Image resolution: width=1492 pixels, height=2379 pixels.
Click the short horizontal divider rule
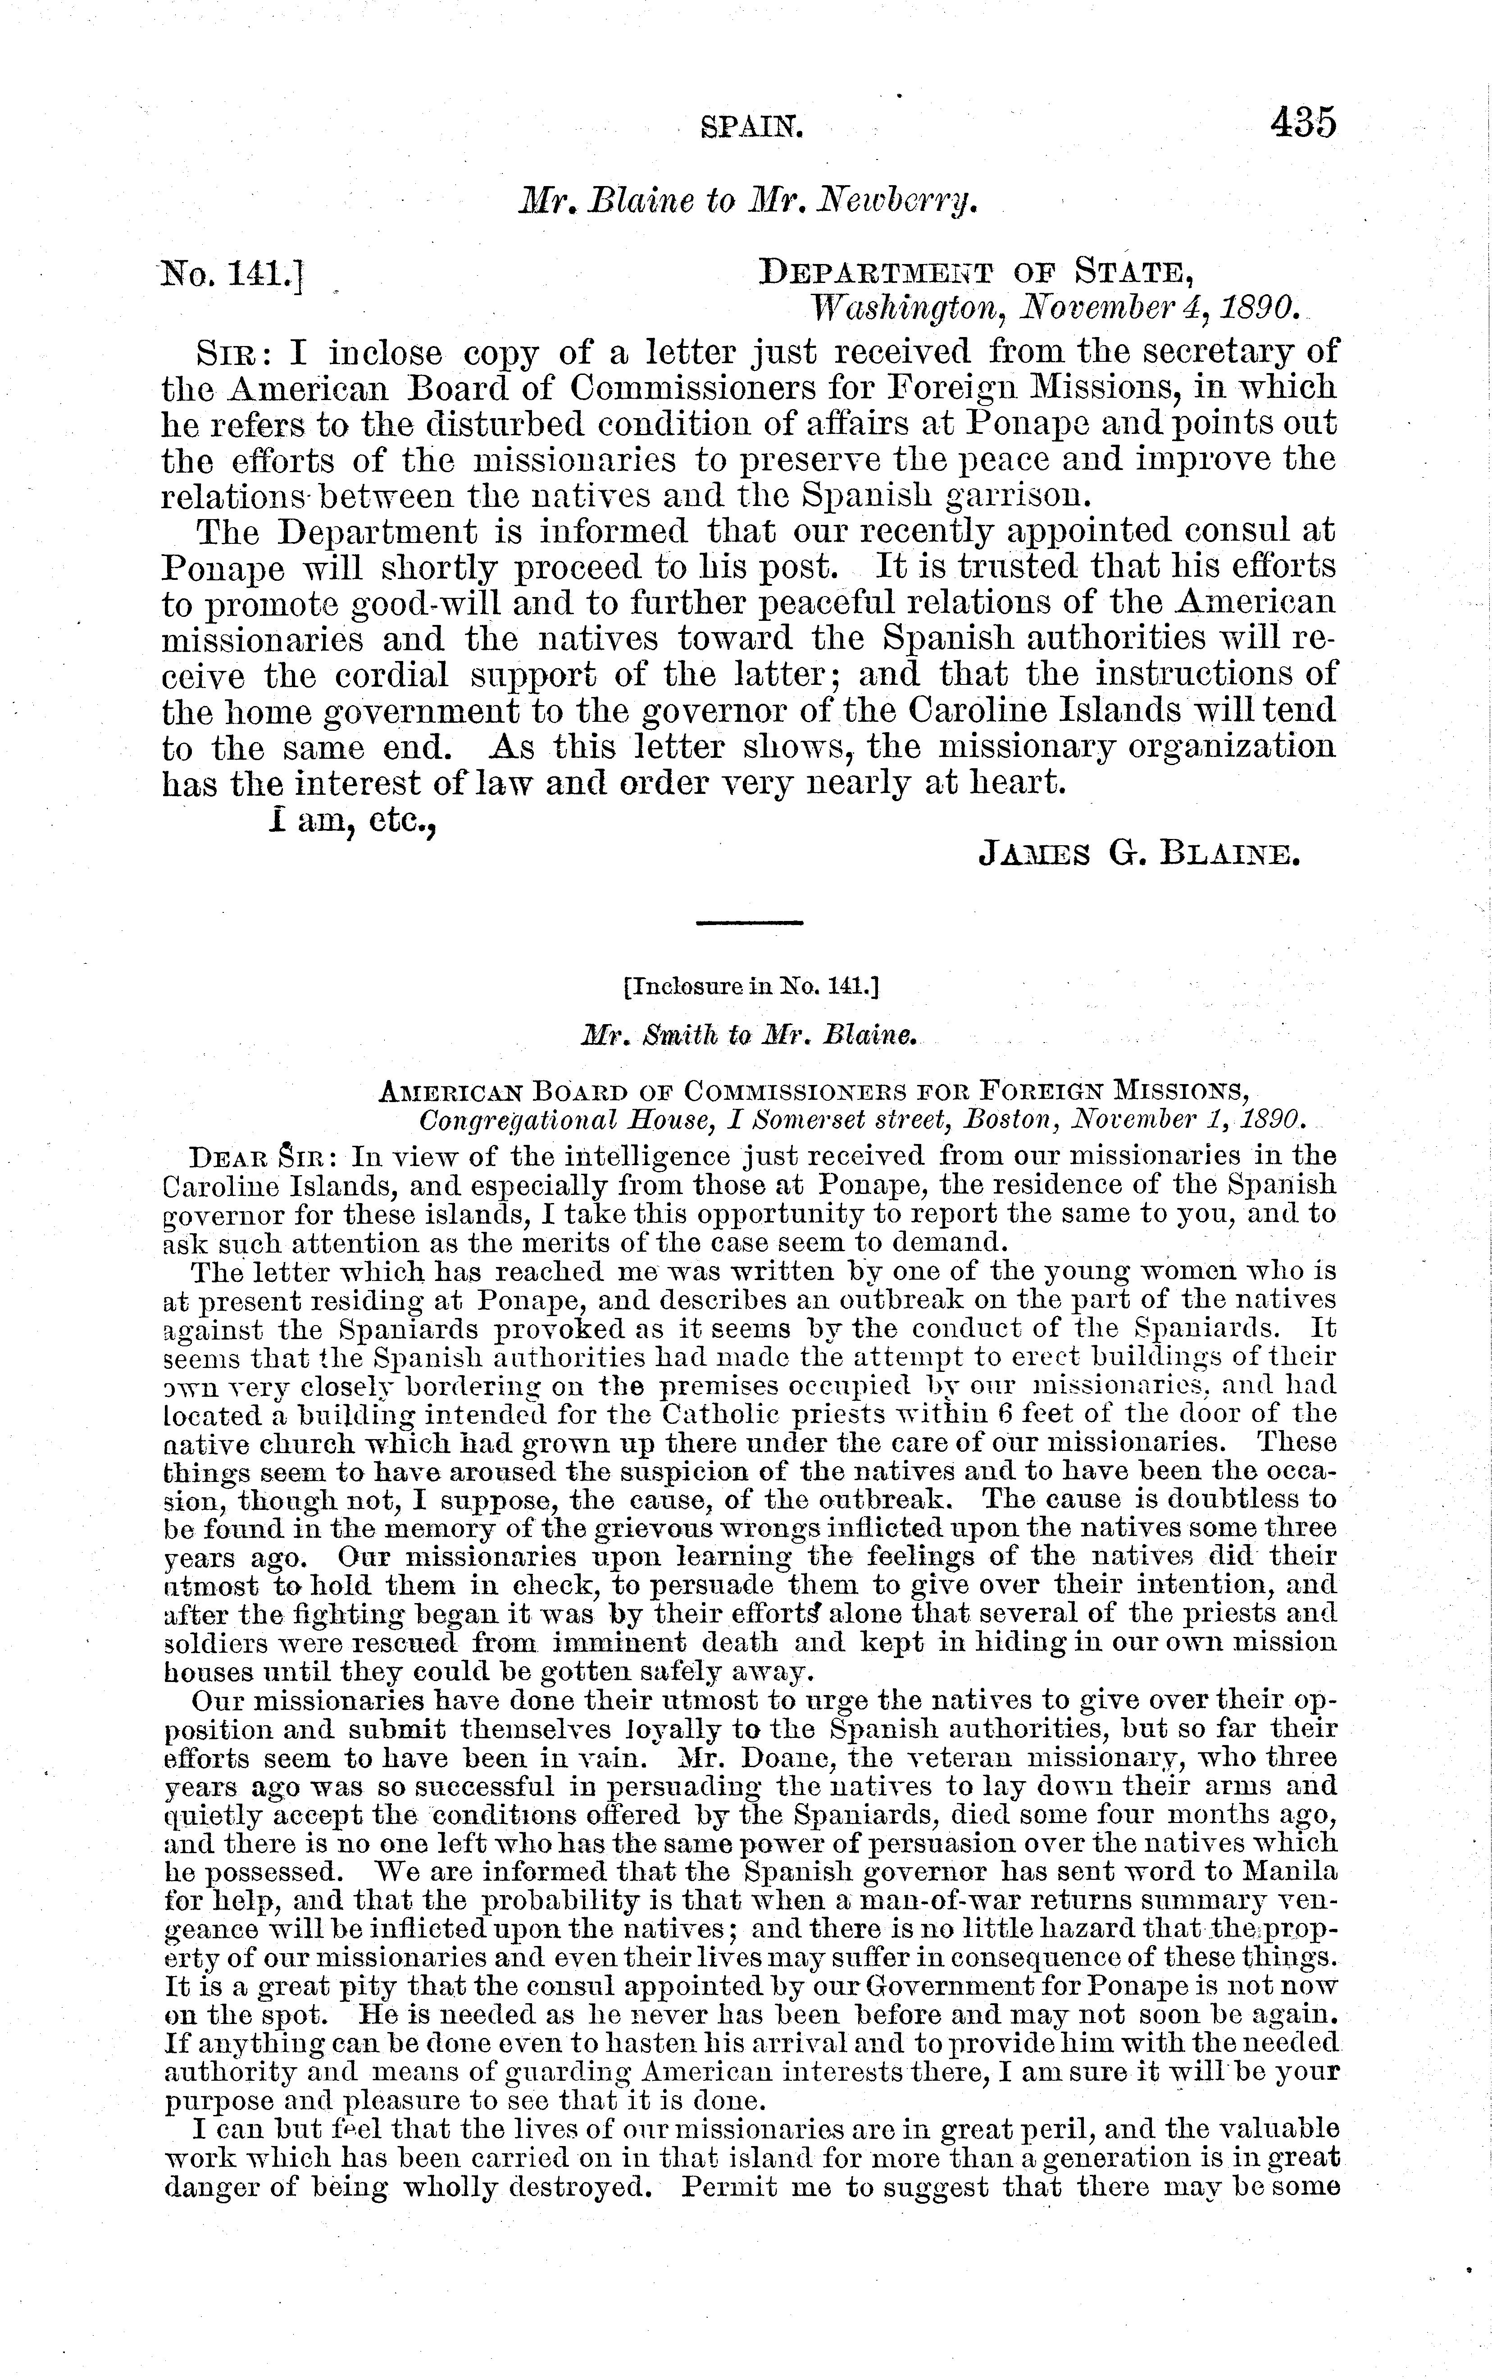750,923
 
